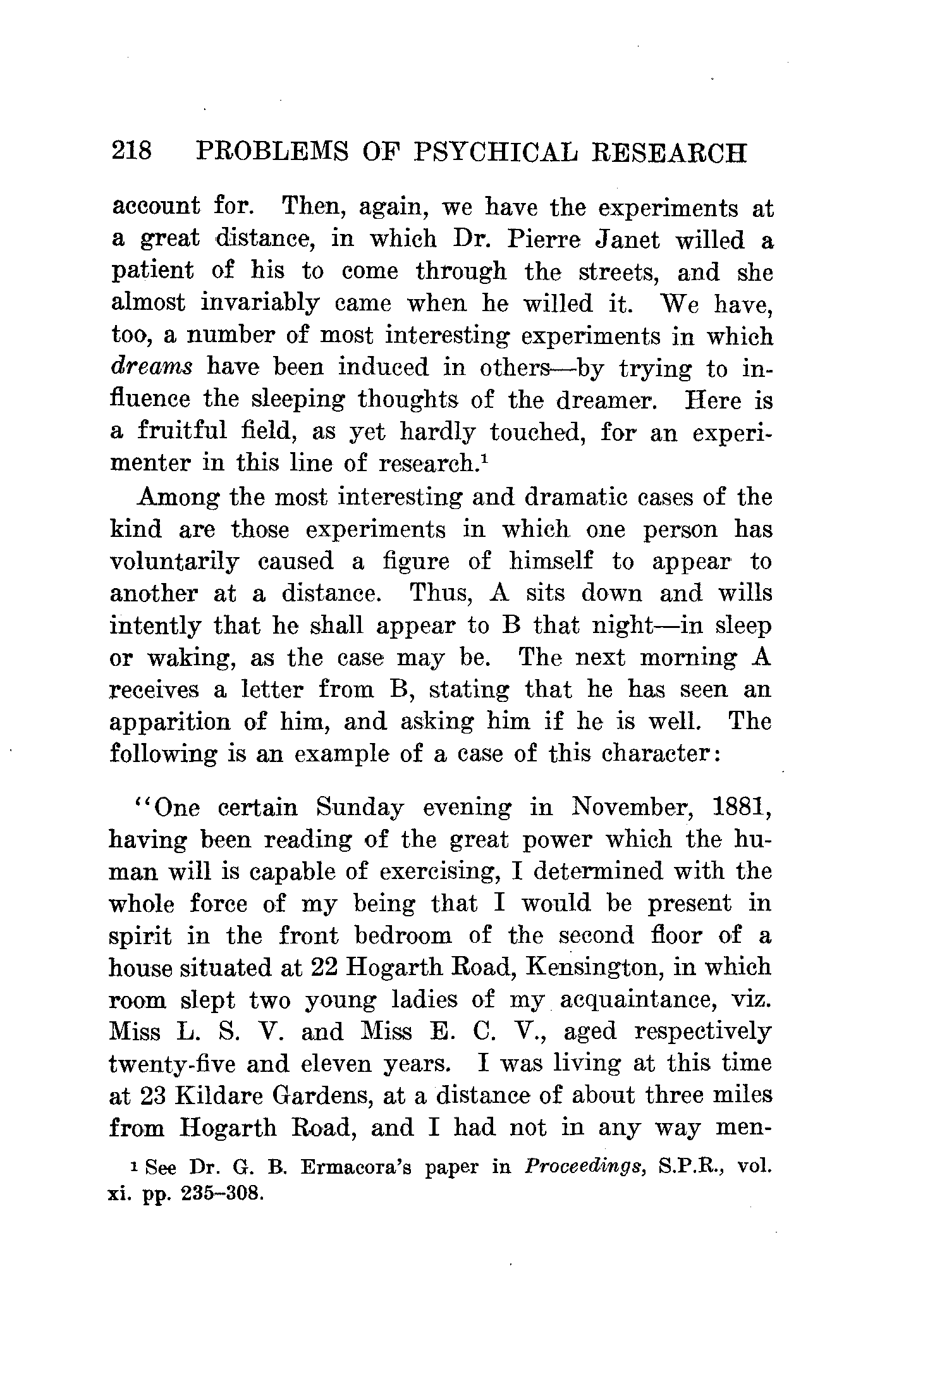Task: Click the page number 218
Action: [131, 152]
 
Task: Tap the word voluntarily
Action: [174, 562]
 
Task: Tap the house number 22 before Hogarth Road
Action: [327, 968]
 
